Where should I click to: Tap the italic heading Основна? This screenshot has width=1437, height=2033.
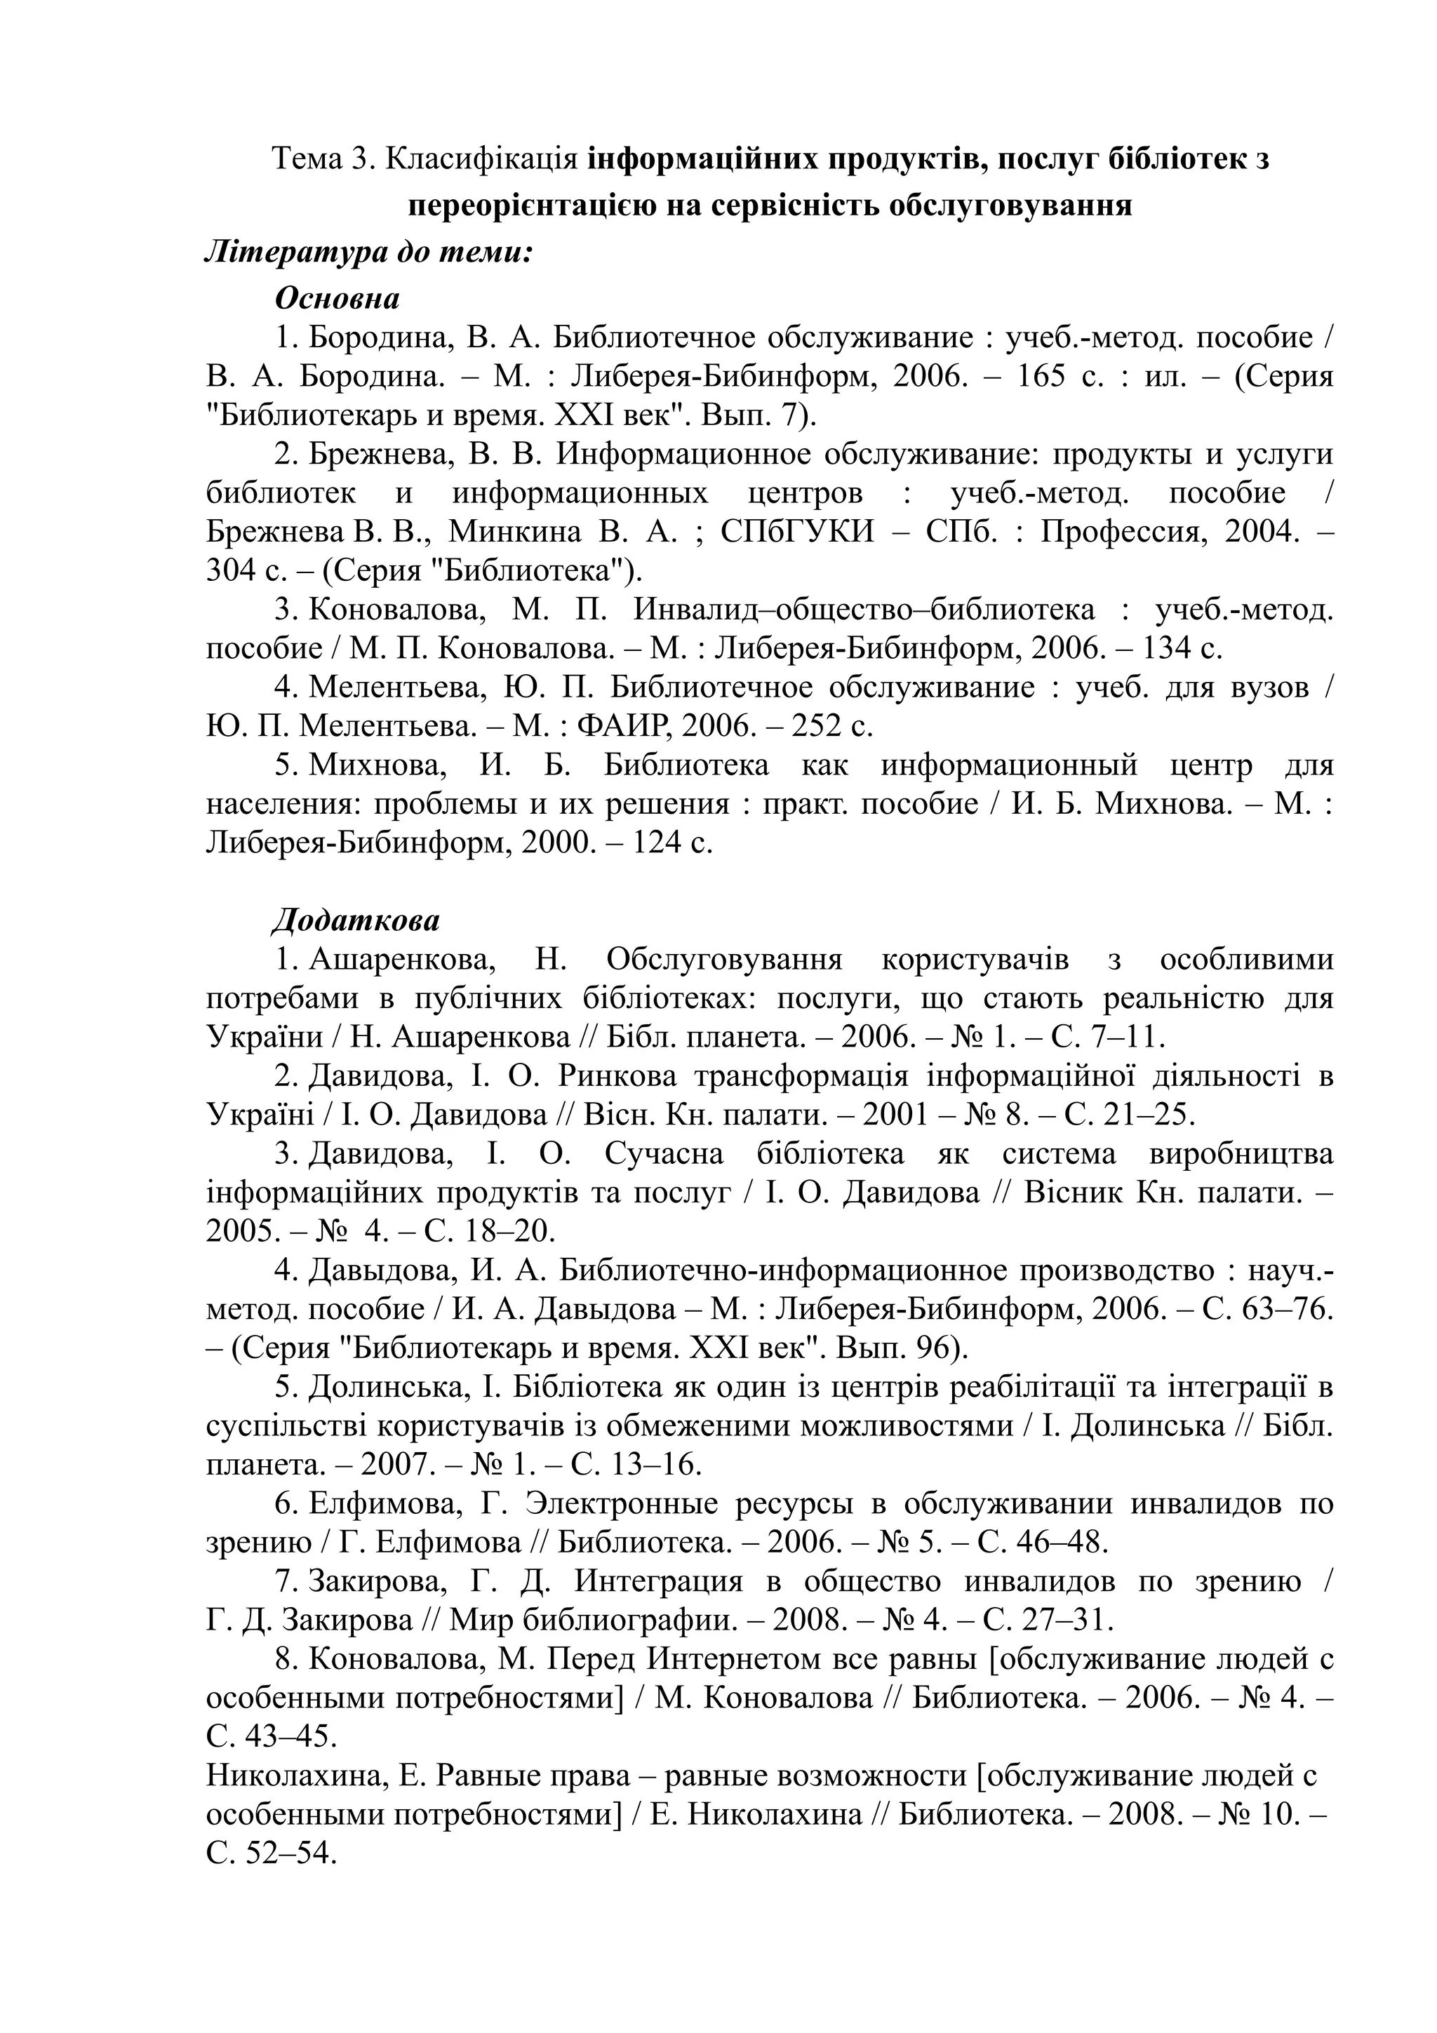coord(337,297)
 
